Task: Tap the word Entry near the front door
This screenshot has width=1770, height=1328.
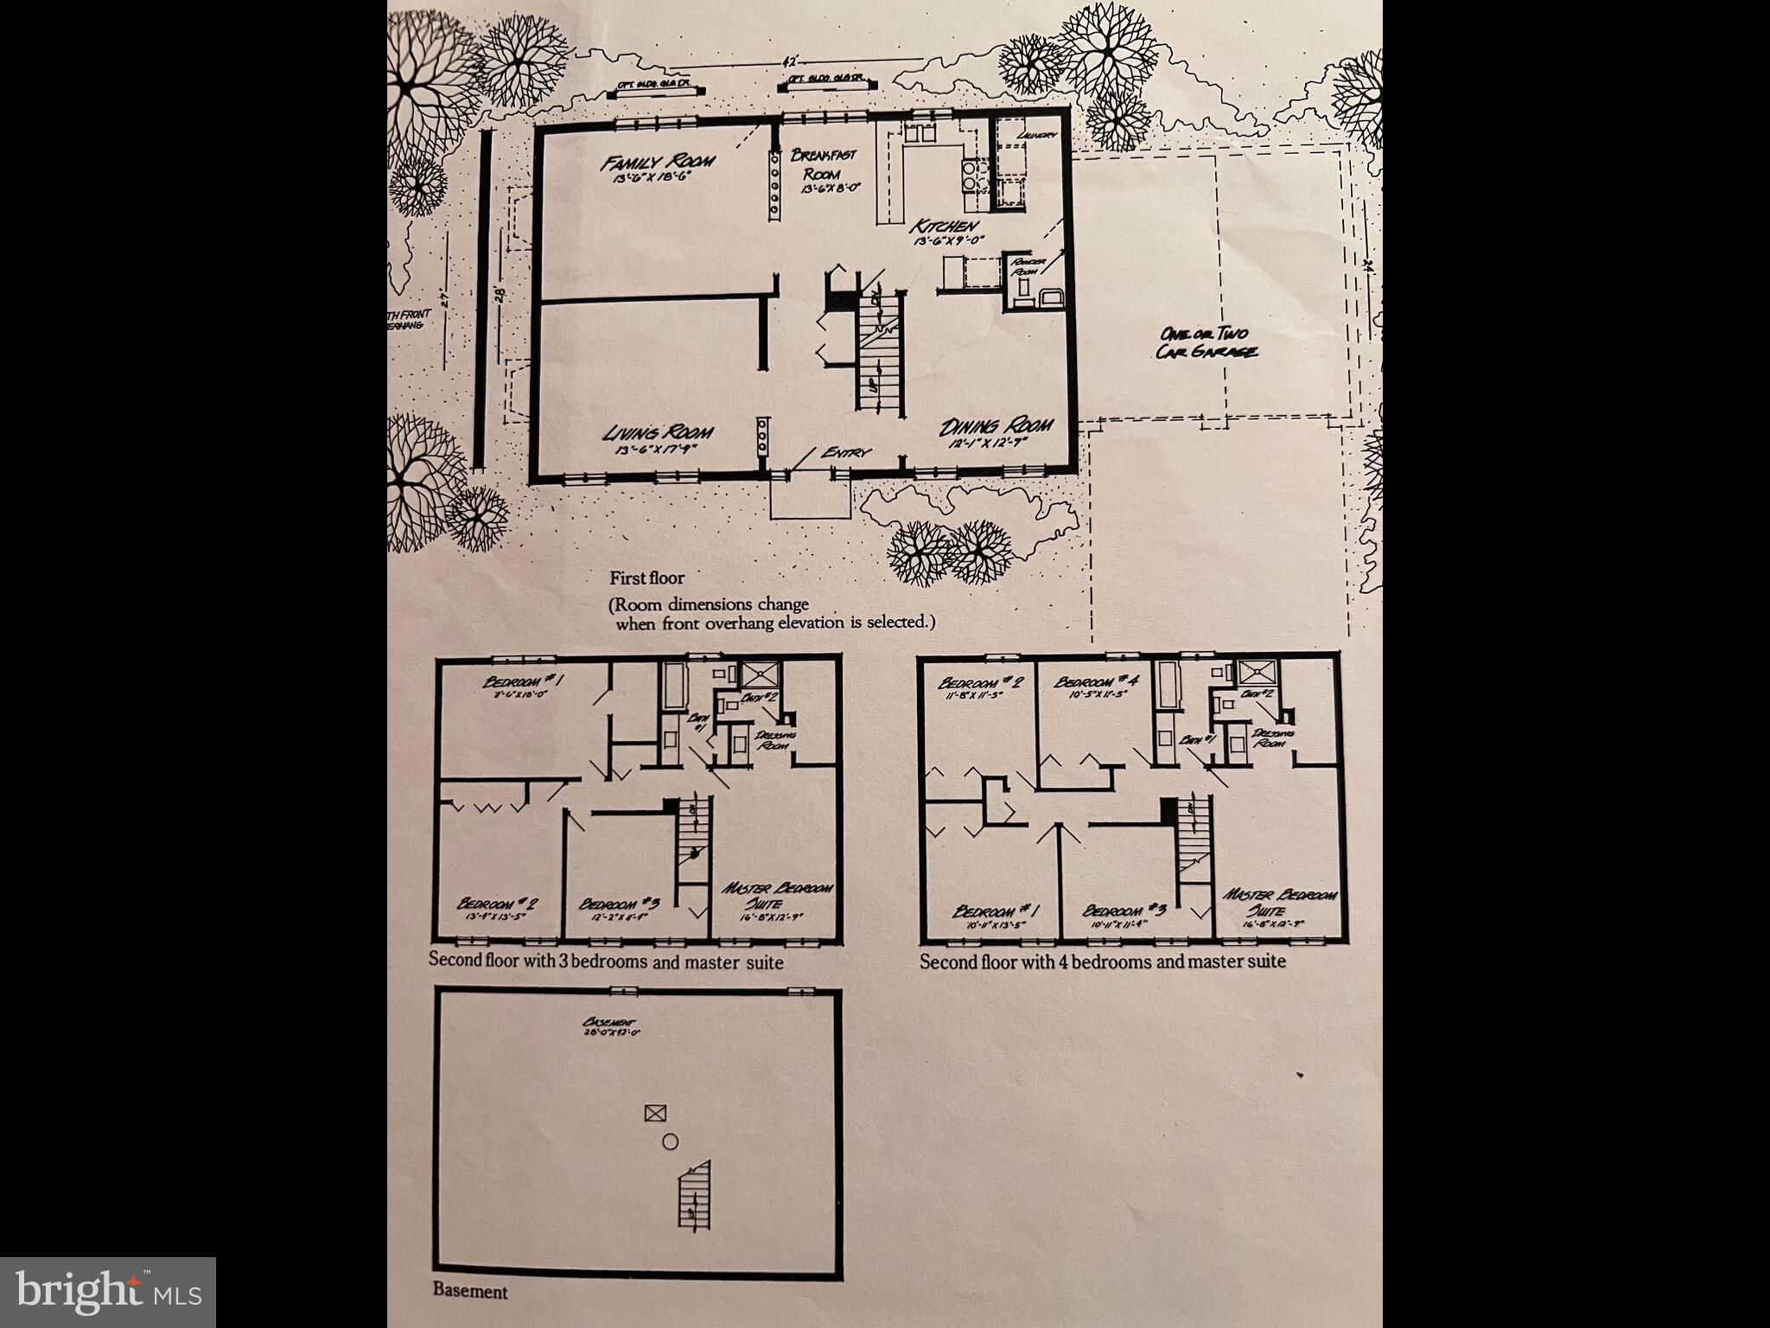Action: (x=846, y=452)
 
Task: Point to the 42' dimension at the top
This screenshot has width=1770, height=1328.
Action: (x=788, y=62)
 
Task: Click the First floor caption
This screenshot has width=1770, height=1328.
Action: (x=646, y=578)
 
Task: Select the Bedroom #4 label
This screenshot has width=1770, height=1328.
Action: (x=1093, y=682)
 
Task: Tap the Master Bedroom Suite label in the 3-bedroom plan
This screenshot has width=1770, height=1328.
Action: (x=777, y=896)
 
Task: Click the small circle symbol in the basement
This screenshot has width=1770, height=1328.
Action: (x=670, y=1142)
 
